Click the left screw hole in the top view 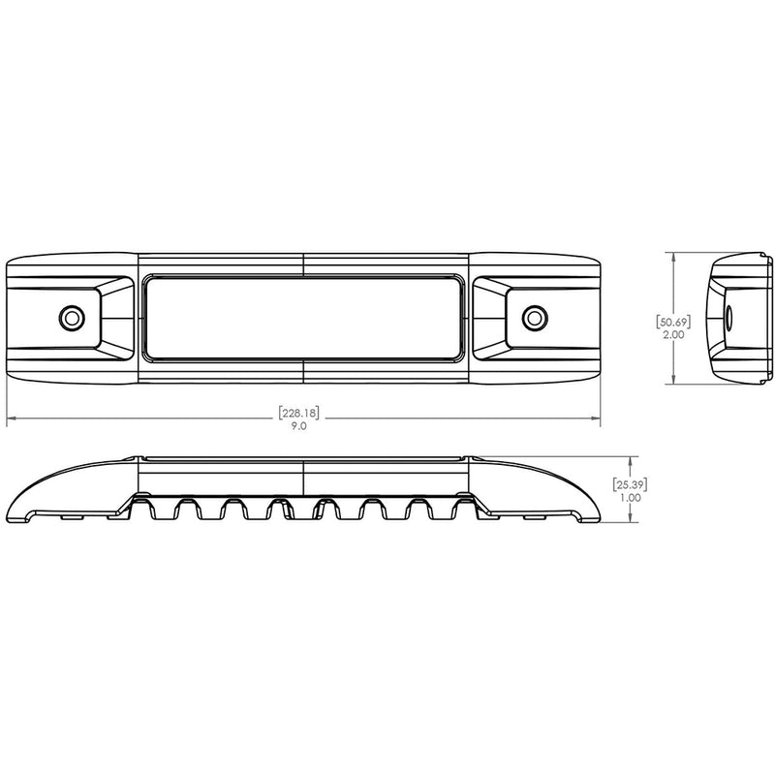click(70, 317)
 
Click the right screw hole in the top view click(533, 317)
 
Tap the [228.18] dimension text click(298, 413)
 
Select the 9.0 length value click(298, 427)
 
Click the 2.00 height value click(675, 332)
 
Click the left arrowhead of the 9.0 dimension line click(11, 419)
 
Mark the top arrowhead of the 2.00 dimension click(674, 256)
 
